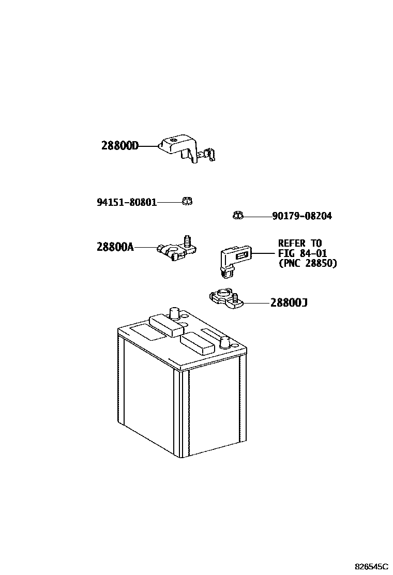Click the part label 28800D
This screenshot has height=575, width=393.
pos(120,146)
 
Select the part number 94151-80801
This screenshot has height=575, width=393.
pos(127,202)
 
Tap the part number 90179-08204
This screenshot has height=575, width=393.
pos(302,216)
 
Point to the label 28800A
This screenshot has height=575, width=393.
pos(115,247)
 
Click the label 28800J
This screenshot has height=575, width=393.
pos(289,302)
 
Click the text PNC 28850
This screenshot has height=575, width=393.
pos(307,263)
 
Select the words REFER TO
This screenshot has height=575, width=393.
pos(299,244)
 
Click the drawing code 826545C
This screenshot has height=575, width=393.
pos(371,567)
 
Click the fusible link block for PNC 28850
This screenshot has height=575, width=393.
pos(234,257)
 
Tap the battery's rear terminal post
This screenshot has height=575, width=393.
pos(174,313)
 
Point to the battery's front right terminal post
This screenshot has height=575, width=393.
pos(225,342)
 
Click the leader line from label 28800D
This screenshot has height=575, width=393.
pos(148,146)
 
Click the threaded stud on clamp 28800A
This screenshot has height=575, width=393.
pos(187,240)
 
